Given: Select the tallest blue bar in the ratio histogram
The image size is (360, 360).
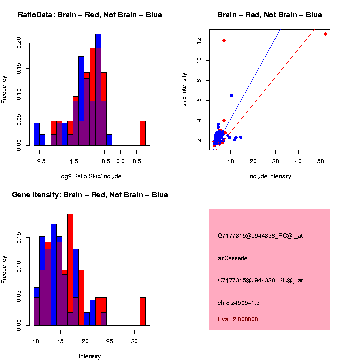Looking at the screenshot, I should tap(98, 90).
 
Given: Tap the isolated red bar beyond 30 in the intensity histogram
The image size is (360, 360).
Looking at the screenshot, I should tap(143, 312).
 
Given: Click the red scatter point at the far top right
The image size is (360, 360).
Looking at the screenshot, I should tap(325, 34).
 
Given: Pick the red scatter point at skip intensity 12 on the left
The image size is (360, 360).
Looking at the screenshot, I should tap(224, 40).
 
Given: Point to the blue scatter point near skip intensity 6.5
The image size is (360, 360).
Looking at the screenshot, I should tap(231, 95).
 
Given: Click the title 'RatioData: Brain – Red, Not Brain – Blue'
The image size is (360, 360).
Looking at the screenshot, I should tap(90, 15).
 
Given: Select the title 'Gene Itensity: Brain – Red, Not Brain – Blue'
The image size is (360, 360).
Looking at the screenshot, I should tap(90, 195).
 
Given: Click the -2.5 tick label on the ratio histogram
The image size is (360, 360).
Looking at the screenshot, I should tap(40, 161).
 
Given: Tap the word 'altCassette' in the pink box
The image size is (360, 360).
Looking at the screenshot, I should tap(233, 258).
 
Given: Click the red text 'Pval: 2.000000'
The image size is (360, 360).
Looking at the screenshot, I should tap(238, 319).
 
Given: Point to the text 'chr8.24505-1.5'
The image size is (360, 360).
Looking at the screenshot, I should tap(239, 303).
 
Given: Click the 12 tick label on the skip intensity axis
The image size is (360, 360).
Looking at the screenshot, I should tap(199, 40).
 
